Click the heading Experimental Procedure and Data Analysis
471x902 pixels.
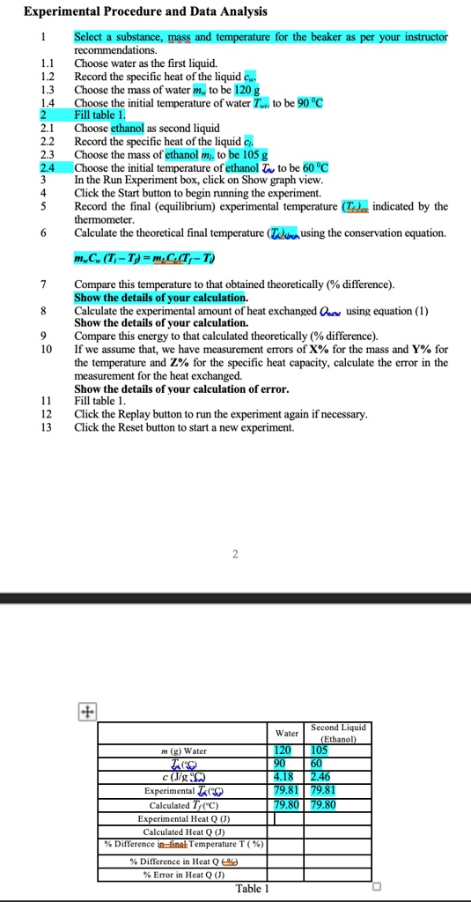[146, 11]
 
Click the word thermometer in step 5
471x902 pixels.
[103, 219]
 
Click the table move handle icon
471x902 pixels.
[86, 710]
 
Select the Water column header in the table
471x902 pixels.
[287, 733]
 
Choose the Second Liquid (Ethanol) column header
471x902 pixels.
[338, 734]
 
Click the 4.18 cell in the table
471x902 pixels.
[283, 778]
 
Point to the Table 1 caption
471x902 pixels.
[252, 888]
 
